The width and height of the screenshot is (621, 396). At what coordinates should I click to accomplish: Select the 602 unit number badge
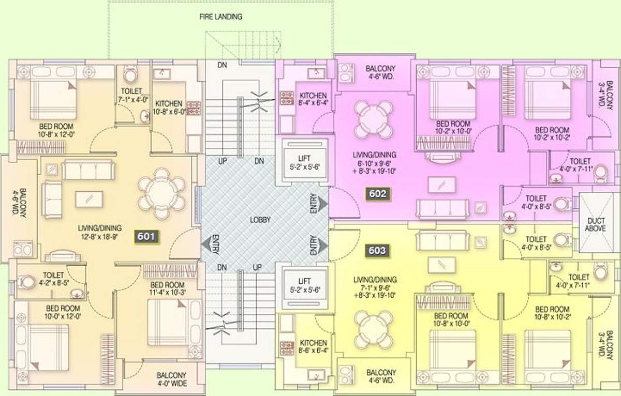377,194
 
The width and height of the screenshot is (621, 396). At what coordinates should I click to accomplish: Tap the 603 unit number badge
377,251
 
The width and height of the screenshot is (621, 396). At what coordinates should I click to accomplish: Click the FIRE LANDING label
221,17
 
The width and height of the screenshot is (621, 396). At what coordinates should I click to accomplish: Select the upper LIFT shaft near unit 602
304,162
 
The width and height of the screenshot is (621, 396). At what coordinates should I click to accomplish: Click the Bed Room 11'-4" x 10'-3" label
167,288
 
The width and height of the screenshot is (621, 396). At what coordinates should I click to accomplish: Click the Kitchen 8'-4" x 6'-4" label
313,99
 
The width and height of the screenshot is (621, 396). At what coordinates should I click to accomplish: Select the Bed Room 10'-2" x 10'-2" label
552,133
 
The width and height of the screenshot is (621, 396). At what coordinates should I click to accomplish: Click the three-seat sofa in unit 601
87,170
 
